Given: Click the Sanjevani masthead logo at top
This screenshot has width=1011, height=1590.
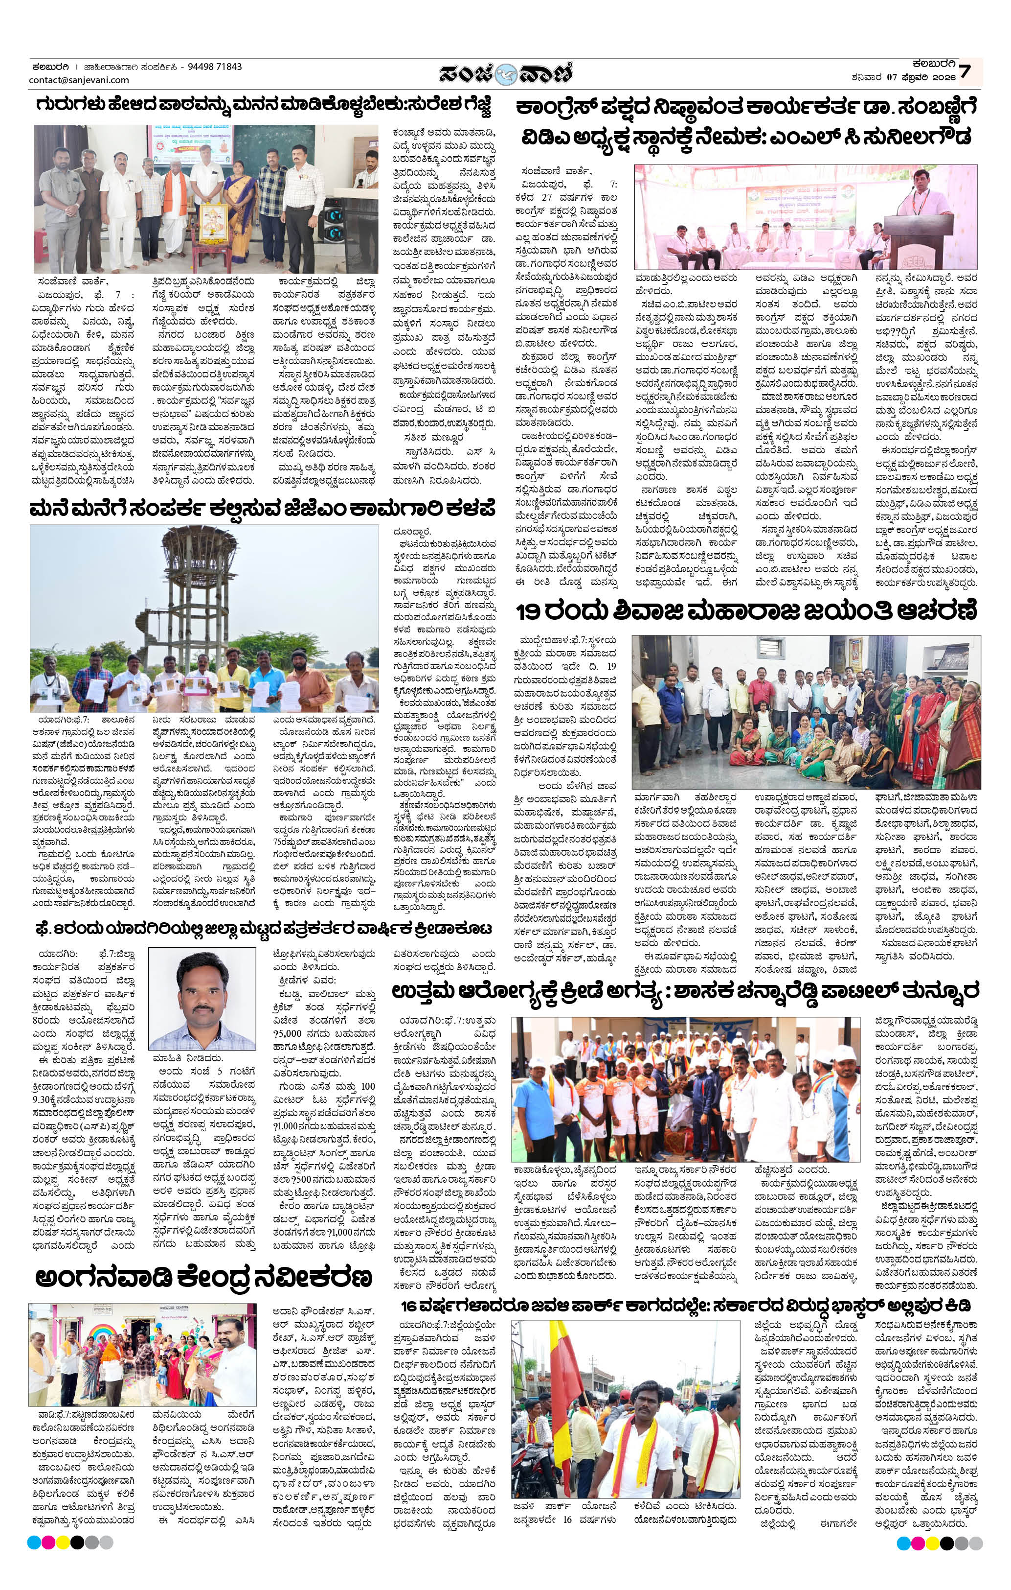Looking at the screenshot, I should point(506,73).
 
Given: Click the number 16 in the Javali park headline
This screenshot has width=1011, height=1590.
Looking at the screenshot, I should point(414,1306).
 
